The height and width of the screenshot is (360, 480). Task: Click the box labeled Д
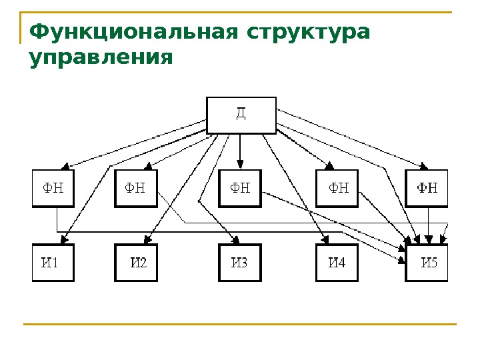click(241, 115)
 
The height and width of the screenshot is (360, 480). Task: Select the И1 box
click(53, 263)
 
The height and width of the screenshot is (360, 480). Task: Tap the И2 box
click(136, 263)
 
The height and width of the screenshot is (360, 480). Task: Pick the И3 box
click(240, 263)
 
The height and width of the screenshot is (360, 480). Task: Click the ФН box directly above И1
click(53, 188)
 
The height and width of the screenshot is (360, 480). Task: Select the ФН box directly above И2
click(136, 188)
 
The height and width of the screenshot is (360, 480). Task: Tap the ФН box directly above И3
click(240, 188)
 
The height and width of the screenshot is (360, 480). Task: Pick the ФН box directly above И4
click(337, 188)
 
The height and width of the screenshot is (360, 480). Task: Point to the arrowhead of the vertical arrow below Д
click(241, 165)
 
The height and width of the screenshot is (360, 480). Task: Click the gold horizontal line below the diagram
click(240, 325)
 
